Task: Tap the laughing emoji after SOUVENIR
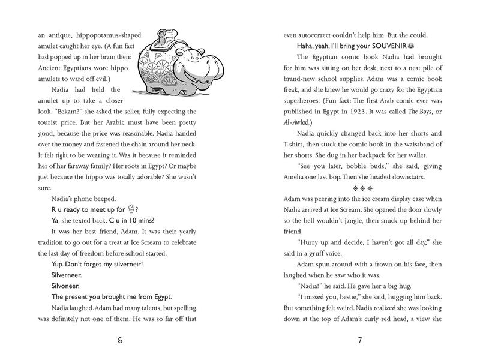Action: pos(411,46)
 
